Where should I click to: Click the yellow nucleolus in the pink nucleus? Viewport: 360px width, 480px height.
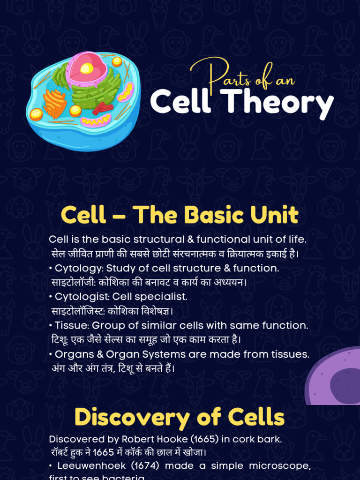(87, 69)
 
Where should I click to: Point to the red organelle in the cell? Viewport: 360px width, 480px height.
(103, 109)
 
